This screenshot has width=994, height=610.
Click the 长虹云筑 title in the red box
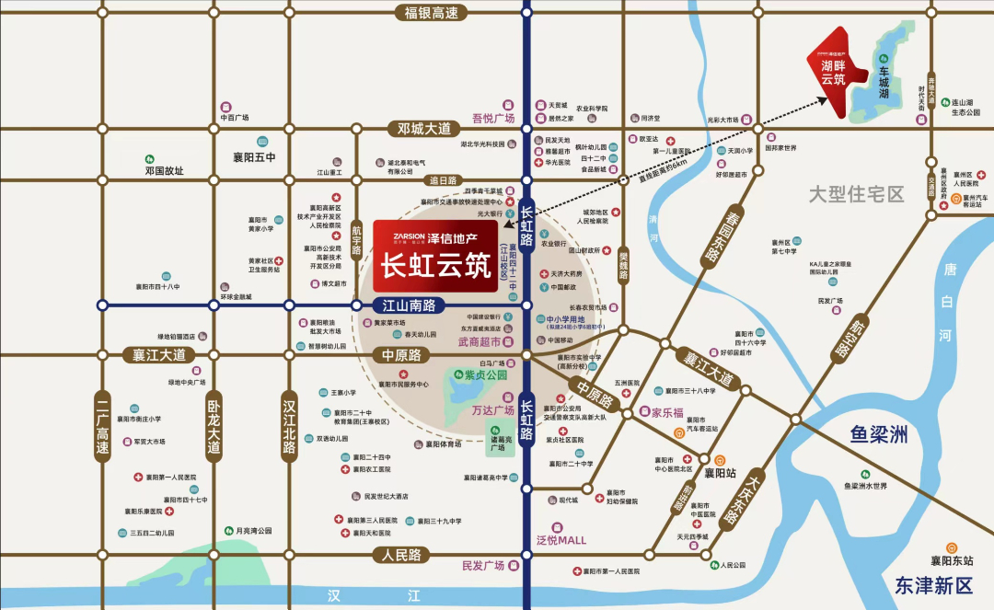pos(436,265)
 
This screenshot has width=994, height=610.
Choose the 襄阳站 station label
pos(721,474)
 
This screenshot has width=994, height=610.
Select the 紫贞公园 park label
pos(486,374)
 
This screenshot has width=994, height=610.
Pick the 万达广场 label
pos(492,410)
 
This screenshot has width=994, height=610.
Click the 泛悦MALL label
pos(561,540)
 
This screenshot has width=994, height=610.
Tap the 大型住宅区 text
pos(857,194)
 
